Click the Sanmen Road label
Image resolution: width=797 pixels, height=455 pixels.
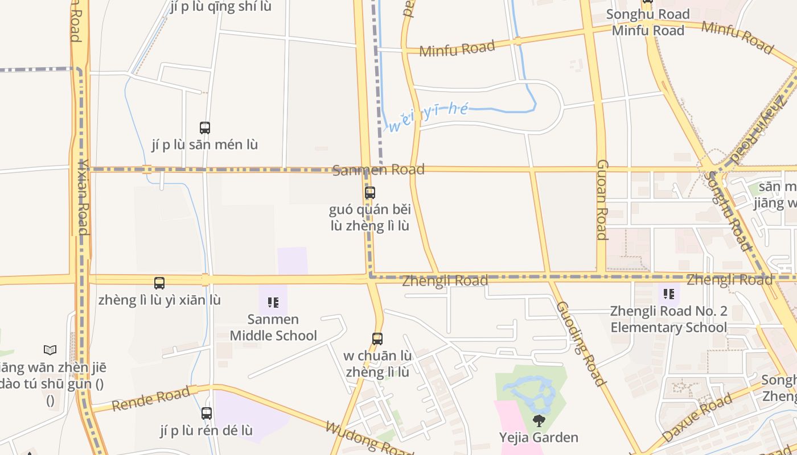pos(379,169)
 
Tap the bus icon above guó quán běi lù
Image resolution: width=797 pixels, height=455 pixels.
pos(370,193)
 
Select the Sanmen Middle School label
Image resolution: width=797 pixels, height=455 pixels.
pos(273,328)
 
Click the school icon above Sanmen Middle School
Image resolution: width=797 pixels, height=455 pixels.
pos(273,302)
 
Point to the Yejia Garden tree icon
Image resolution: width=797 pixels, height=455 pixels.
pos(539,421)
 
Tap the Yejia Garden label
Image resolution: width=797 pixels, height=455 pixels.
pos(539,437)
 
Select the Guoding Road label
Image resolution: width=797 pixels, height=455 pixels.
pos(580,344)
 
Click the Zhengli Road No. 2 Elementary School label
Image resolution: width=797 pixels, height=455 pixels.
pos(668,319)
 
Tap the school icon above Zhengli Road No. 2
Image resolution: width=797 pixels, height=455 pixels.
pos(669,294)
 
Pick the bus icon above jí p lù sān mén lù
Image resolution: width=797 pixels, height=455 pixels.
pos(205,128)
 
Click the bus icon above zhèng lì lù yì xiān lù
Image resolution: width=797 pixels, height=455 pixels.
pos(159,283)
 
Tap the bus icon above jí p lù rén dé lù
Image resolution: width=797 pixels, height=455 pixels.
pos(207,413)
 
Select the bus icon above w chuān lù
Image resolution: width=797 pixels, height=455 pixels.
pos(377,339)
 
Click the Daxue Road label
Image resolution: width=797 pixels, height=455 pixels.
pos(697,418)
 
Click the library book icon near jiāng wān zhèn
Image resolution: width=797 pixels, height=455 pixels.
pos(50,350)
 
